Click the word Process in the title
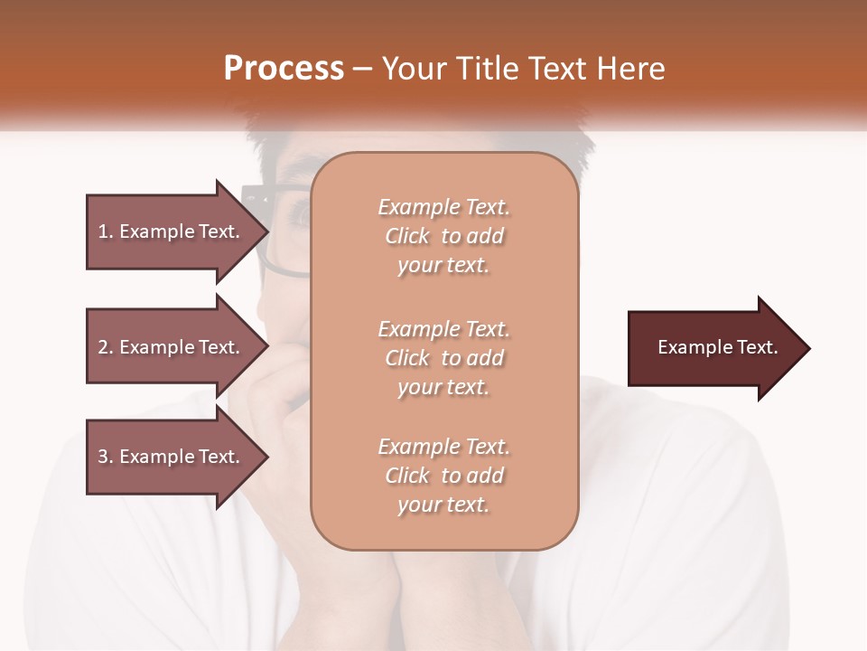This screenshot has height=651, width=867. [284, 69]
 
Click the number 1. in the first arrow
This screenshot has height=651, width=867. [105, 231]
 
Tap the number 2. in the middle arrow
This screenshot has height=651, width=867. [105, 347]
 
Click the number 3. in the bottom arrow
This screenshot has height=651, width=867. [105, 457]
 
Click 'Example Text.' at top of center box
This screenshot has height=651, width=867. [443, 207]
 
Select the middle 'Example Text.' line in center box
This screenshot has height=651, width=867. [443, 328]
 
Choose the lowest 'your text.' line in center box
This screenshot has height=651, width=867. [443, 505]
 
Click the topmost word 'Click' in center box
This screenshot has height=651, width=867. [407, 236]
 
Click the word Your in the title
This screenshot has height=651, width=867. [415, 69]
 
